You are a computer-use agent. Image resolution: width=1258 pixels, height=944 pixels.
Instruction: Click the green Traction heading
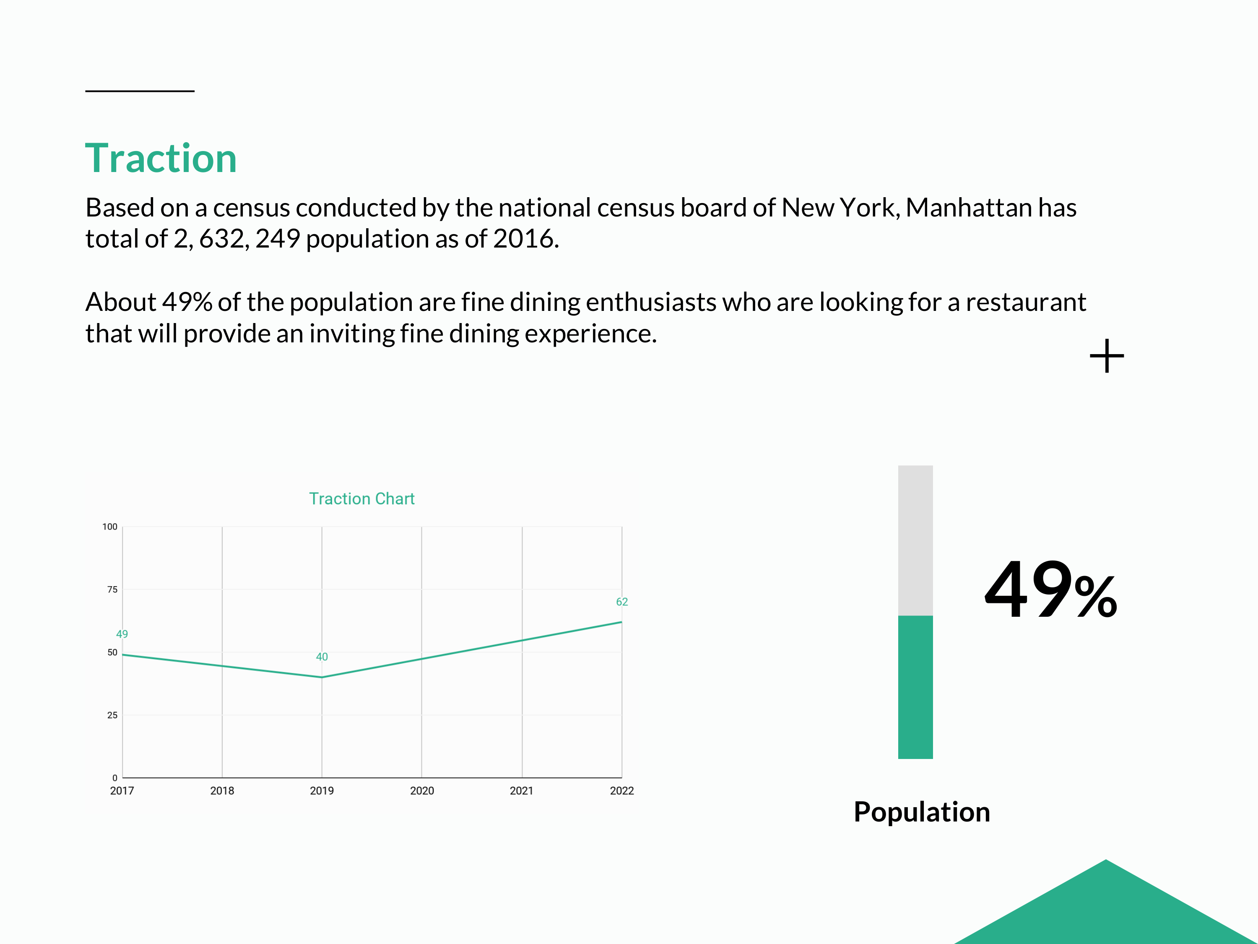pyautogui.click(x=161, y=158)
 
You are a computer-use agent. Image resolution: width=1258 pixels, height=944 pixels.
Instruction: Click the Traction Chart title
pyautogui.click(x=362, y=498)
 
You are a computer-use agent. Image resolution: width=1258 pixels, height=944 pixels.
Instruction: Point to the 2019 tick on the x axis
pyautogui.click(x=322, y=790)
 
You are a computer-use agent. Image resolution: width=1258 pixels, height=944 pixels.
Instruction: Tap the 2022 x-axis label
pyautogui.click(x=621, y=790)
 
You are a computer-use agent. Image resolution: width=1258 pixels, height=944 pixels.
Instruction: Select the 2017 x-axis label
pyautogui.click(x=122, y=790)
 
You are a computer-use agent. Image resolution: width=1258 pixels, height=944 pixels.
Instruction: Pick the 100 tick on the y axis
pyautogui.click(x=110, y=527)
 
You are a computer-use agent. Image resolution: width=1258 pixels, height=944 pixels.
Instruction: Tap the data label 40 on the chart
pyautogui.click(x=322, y=657)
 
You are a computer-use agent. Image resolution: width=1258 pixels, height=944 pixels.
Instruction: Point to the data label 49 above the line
pyautogui.click(x=122, y=634)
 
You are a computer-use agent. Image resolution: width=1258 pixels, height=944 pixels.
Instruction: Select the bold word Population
pyautogui.click(x=922, y=812)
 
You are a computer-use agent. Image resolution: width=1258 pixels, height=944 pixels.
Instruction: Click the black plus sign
pyautogui.click(x=1107, y=356)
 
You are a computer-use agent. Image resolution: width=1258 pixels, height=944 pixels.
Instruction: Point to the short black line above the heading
pyautogui.click(x=140, y=91)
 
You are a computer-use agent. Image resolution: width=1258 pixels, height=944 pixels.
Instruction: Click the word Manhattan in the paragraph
pyautogui.click(x=969, y=208)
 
